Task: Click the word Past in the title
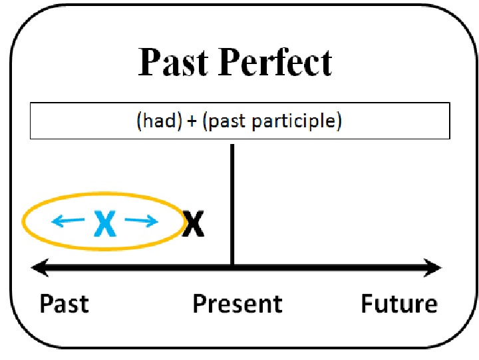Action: (x=174, y=63)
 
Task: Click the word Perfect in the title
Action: (x=275, y=63)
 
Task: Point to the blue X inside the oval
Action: (x=105, y=223)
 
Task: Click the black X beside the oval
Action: (x=194, y=224)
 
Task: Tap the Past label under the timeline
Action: (x=64, y=304)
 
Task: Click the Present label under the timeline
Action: (x=238, y=304)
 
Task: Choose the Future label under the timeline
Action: (x=399, y=304)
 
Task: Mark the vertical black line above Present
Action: (x=232, y=200)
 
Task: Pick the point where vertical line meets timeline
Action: (x=232, y=268)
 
